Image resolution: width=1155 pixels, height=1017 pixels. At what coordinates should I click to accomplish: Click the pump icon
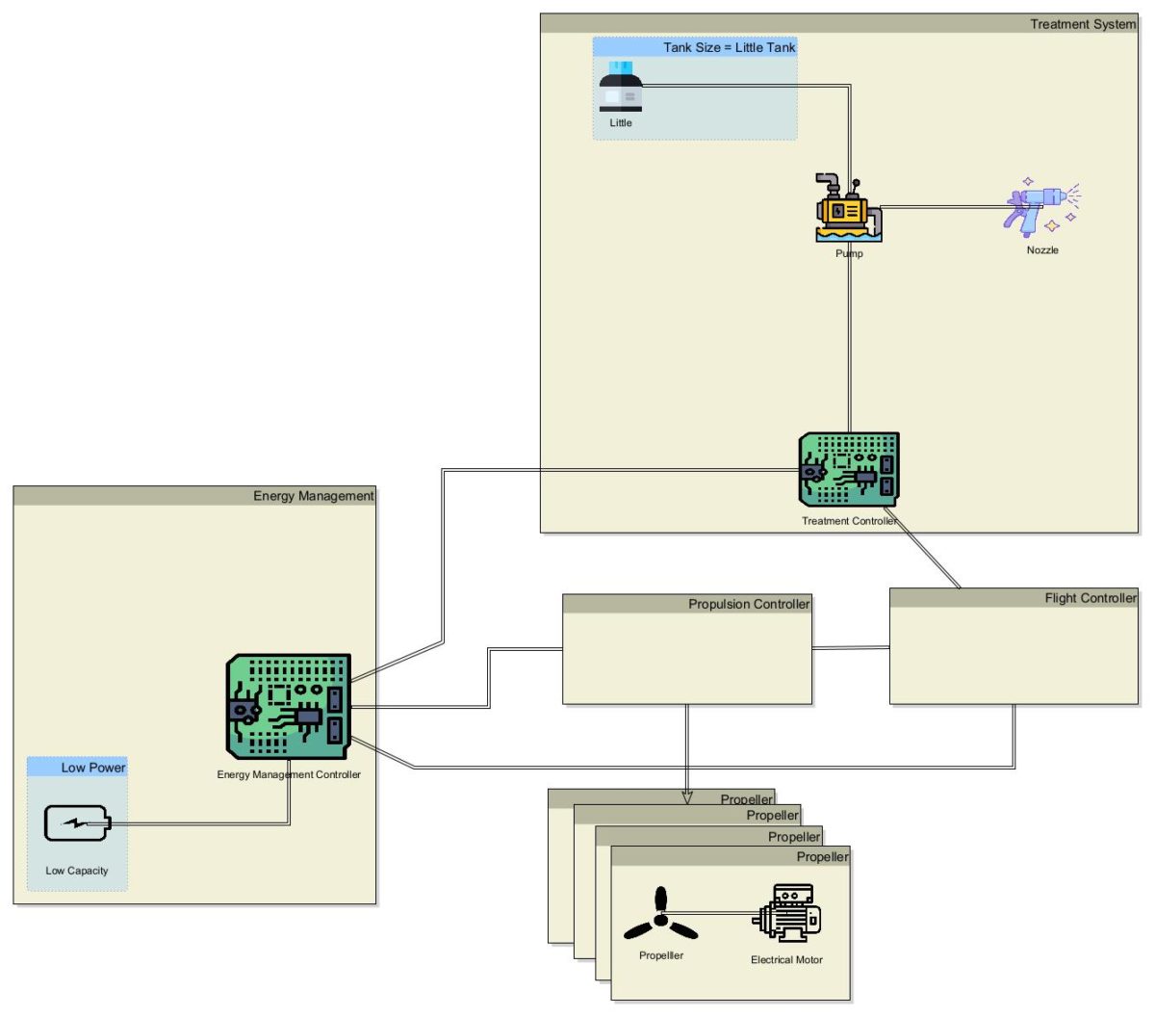[x=848, y=209]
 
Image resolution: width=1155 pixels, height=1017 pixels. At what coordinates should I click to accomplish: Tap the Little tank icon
[x=621, y=88]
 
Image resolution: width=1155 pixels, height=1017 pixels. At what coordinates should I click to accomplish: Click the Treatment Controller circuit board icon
[x=849, y=469]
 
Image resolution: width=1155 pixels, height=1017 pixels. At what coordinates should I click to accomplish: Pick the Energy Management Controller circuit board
[x=289, y=707]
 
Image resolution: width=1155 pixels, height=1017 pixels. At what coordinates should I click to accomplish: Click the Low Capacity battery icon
[x=77, y=823]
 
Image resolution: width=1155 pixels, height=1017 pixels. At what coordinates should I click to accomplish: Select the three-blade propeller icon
[x=660, y=917]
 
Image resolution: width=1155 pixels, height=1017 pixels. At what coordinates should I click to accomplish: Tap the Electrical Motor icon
[x=786, y=913]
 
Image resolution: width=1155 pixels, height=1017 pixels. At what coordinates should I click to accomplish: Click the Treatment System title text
[x=1083, y=24]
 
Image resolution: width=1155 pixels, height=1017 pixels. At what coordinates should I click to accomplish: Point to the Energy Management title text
[x=313, y=496]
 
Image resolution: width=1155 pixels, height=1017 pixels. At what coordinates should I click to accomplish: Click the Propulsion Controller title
[x=749, y=604]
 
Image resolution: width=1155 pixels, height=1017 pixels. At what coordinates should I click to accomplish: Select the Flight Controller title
[x=1091, y=598]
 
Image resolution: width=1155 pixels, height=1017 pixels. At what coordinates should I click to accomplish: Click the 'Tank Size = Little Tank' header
[x=729, y=47]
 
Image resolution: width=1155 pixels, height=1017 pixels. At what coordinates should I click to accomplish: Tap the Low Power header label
[x=93, y=768]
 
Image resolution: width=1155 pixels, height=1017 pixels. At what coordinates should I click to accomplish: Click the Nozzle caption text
[x=1042, y=250]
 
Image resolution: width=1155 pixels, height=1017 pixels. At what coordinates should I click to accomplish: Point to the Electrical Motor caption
[x=786, y=960]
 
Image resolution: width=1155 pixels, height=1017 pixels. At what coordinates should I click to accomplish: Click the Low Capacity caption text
[x=77, y=871]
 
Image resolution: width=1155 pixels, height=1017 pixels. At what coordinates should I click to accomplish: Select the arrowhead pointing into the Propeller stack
[x=687, y=796]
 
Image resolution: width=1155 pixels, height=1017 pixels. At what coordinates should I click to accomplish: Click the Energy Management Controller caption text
[x=289, y=774]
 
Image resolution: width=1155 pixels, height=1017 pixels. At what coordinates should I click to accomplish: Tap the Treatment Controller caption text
[x=849, y=521]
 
